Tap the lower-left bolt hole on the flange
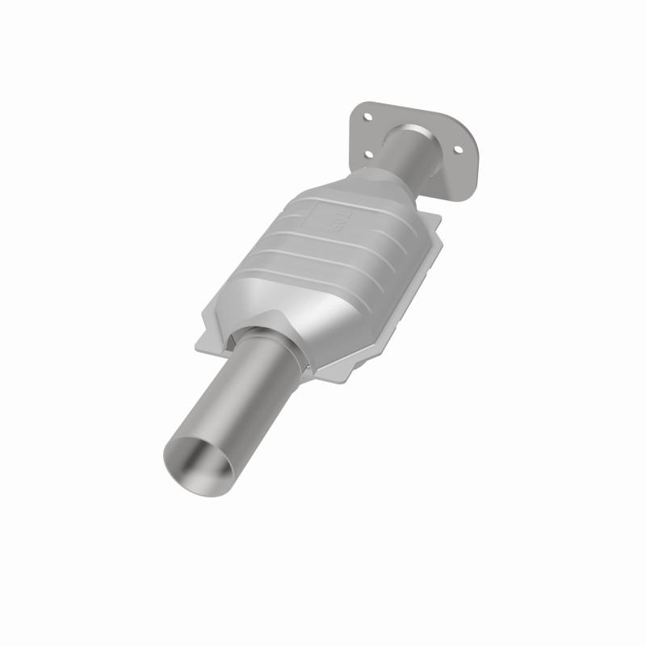coord(368,153)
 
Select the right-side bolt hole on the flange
coord(458,149)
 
